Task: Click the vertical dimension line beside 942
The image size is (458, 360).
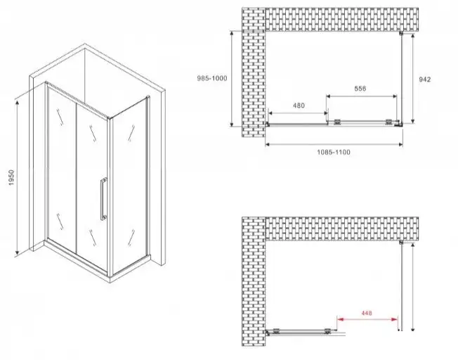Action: pos(413,79)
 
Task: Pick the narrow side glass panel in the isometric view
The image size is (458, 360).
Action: pos(131,179)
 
